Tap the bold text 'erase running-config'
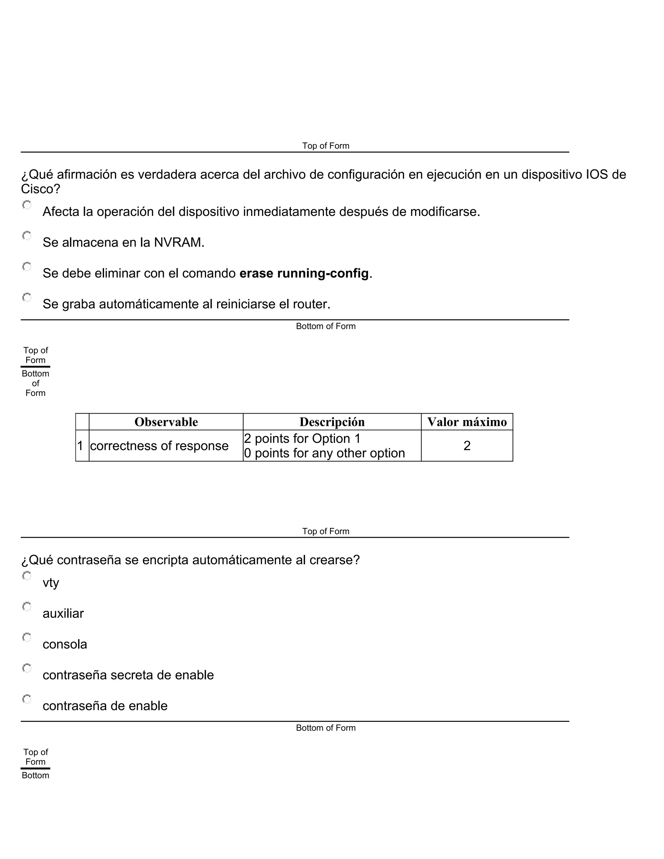pyautogui.click(x=304, y=273)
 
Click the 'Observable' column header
pyautogui.click(x=166, y=422)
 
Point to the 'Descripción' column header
pyautogui.click(x=332, y=422)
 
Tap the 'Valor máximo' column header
pyautogui.click(x=467, y=422)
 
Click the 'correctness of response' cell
pyautogui.click(x=159, y=446)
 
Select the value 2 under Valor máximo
pyautogui.click(x=467, y=446)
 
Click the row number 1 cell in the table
pyautogui.click(x=80, y=446)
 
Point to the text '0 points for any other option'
pyautogui.click(x=325, y=453)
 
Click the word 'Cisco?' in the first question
pyautogui.click(x=41, y=189)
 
